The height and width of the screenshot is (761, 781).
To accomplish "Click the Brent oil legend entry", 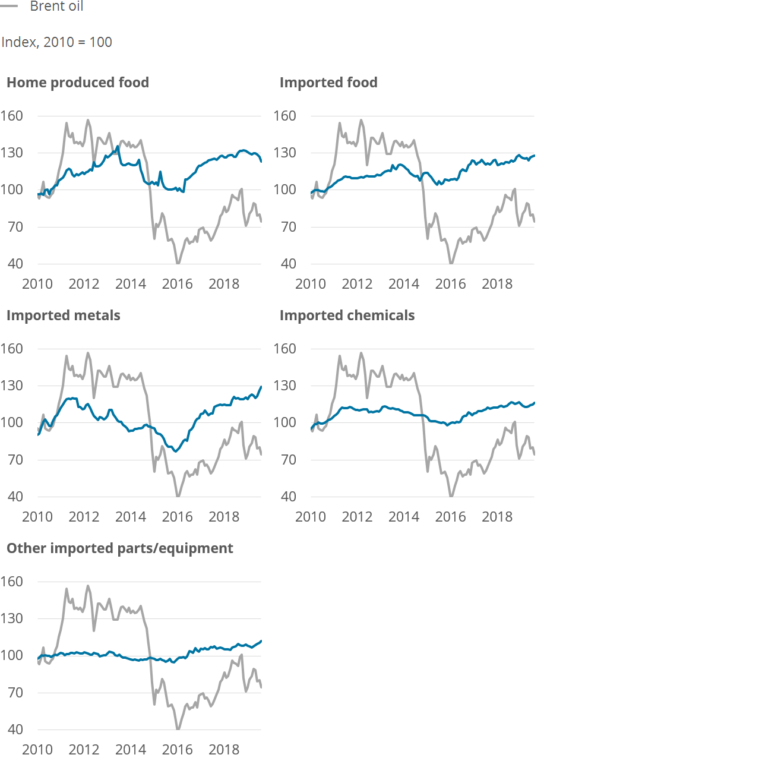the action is [42, 6].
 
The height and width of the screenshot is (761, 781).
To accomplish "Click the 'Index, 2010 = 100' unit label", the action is [56, 42].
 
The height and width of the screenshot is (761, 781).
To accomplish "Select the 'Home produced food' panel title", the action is [78, 83].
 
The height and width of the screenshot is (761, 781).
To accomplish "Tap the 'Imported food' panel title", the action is [328, 83].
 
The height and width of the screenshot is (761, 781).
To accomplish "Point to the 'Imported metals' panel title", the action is [64, 315].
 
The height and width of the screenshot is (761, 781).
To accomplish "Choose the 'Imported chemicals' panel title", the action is [347, 315].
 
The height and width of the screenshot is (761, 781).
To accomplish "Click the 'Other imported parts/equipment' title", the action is [120, 548].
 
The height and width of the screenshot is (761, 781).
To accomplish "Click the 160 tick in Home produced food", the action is [12, 116].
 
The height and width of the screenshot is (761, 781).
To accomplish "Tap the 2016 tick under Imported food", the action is [450, 284].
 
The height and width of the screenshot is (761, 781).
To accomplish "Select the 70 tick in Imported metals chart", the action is [15, 460].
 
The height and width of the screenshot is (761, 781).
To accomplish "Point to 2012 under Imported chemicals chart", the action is [357, 517].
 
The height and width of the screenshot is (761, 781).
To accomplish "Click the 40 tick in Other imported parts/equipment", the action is [15, 730].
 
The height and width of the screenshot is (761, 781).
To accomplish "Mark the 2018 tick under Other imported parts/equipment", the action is [224, 749].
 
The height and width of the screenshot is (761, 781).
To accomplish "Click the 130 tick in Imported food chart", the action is [285, 153].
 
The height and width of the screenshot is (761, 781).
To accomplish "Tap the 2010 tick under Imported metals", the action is [37, 517].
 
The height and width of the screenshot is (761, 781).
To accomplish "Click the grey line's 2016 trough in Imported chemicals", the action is [451, 496].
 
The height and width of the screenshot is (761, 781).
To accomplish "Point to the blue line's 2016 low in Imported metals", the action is [176, 451].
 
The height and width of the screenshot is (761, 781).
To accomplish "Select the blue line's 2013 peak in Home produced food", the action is [118, 147].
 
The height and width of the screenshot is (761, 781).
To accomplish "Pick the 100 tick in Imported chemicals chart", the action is [285, 422].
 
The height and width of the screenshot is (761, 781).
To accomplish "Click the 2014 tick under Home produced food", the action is [131, 284].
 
